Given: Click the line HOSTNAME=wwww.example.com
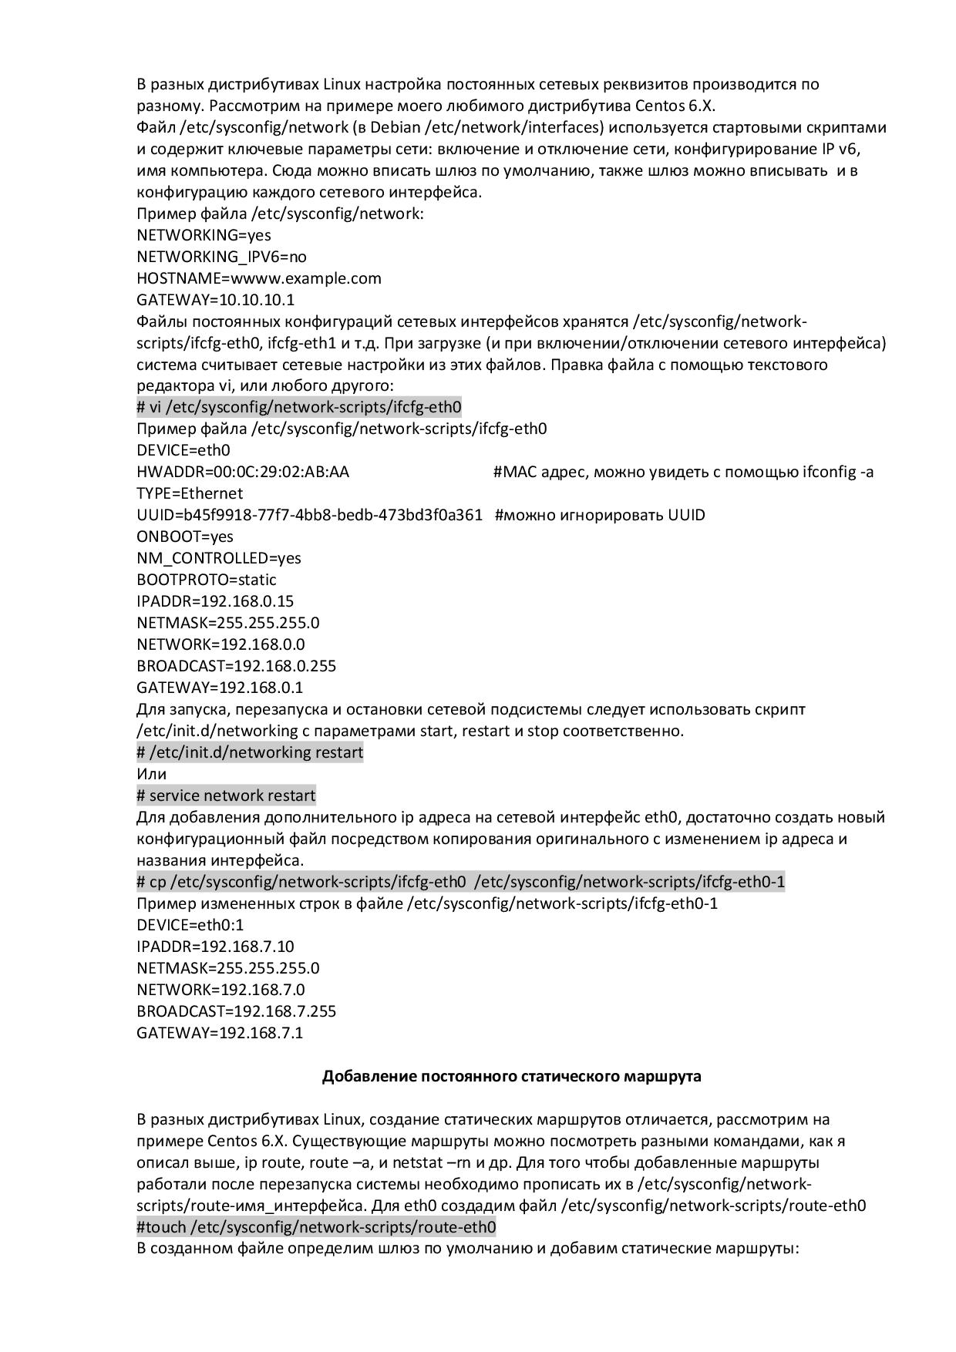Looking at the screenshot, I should [259, 278].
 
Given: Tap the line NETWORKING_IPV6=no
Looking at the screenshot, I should [221, 257].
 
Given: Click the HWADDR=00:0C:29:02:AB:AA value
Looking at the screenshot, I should [243, 472].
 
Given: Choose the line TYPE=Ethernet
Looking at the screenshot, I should [190, 493].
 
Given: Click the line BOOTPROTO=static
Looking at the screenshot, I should [207, 580].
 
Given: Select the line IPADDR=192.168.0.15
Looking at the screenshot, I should [215, 601].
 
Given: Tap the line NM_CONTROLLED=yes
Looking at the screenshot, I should [219, 558].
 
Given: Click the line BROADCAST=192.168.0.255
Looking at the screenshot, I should [237, 666].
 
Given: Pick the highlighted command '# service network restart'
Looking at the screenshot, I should [226, 795].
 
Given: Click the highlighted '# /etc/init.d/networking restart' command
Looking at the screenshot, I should [250, 752].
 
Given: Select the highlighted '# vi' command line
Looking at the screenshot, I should [299, 407].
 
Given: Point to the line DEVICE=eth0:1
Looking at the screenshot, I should [190, 925].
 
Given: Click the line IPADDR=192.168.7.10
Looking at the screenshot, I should [215, 947].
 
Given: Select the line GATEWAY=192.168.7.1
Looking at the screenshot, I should [220, 1033].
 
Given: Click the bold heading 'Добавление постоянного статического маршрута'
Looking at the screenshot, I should [511, 1076].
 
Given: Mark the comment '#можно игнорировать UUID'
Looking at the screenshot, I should [600, 515].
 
